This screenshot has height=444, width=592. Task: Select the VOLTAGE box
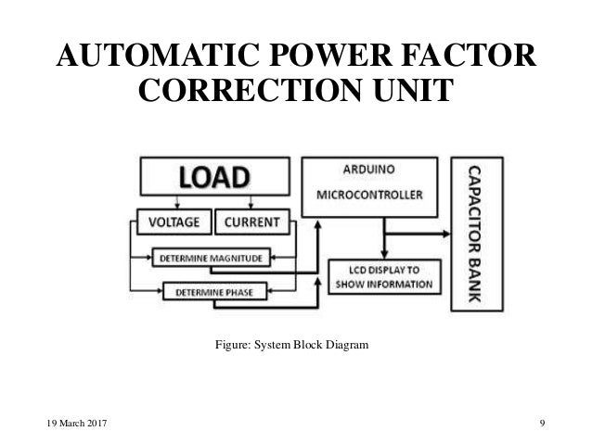pos(173,223)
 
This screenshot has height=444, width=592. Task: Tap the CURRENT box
pos(252,223)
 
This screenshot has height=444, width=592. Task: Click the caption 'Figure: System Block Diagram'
pos(291,346)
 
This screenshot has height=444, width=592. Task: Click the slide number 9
pos(541,424)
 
